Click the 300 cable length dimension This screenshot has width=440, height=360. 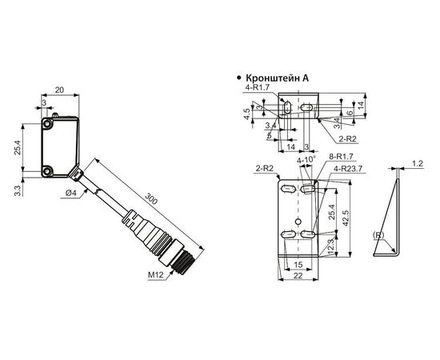151,199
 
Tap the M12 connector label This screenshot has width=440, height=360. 156,275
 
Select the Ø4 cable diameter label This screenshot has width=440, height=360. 71,193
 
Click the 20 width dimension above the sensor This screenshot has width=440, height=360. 59,90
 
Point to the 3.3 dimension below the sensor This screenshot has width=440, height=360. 18,190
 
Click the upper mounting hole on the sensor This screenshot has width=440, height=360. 47,124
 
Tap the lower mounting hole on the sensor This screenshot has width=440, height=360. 47,170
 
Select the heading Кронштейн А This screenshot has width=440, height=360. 277,78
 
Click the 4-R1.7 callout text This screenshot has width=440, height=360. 258,87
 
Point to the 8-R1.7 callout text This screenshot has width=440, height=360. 341,157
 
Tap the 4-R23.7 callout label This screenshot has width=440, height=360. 348,169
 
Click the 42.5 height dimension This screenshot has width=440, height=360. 345,218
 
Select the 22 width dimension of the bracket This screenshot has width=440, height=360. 298,275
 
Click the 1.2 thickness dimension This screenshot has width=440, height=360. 418,163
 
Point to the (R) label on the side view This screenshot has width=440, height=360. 378,235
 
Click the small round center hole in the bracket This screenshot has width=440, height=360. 298,222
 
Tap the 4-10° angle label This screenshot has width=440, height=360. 306,159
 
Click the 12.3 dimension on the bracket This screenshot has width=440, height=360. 331,247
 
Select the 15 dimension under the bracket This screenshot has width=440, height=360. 298,264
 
